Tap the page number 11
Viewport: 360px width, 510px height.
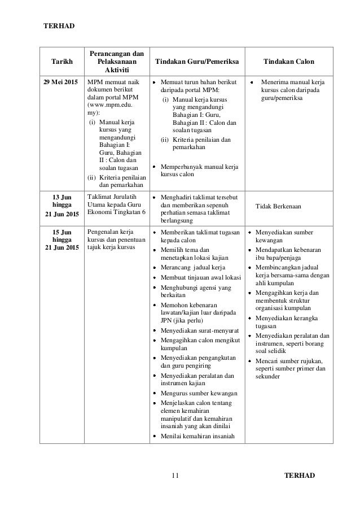click(175, 474)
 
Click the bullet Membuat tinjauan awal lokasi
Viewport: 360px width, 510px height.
click(201, 277)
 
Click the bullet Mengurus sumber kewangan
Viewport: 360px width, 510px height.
click(199, 393)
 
